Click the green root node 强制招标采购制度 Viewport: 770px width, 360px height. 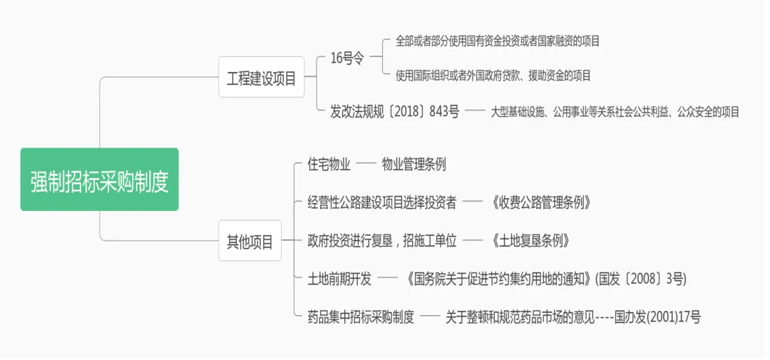click(99, 180)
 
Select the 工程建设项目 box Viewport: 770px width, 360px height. click(261, 78)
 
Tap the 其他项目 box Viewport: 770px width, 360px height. click(250, 241)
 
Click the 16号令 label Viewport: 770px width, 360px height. click(347, 59)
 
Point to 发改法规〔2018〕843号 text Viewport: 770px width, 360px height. click(394, 111)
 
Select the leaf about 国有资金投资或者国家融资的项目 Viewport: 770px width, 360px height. click(498, 41)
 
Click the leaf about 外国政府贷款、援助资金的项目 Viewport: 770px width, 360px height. click(493, 75)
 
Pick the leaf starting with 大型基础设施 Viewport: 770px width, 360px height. click(615, 111)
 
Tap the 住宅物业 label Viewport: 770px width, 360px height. click(329, 165)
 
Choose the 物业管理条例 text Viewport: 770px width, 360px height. click(414, 165)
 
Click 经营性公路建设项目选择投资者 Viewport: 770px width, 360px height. click(382, 202)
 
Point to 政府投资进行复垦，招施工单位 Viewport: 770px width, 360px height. click(382, 240)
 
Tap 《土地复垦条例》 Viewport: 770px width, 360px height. click(530, 240)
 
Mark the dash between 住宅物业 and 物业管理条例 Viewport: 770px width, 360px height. click(366, 165)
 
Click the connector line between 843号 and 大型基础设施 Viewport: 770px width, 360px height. click(475, 111)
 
